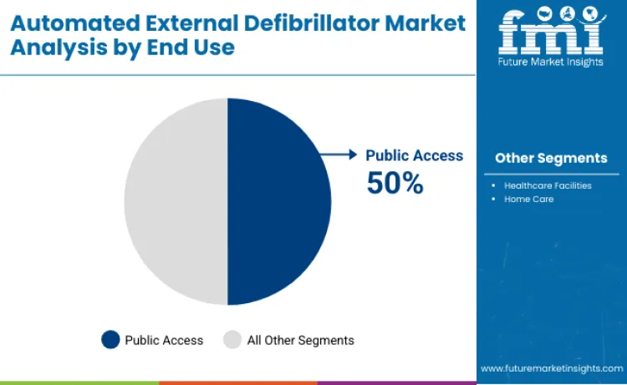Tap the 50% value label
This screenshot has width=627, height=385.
click(x=395, y=182)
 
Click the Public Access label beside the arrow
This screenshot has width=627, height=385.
click(x=414, y=155)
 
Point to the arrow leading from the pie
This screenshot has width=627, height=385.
click(x=341, y=155)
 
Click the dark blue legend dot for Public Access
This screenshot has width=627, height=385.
click(x=110, y=340)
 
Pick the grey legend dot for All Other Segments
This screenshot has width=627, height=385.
click(x=232, y=340)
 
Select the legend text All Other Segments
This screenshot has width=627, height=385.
click(x=300, y=340)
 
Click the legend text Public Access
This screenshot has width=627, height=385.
click(x=164, y=340)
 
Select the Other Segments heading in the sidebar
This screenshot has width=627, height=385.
click(x=551, y=158)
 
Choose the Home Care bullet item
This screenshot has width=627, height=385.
click(x=528, y=199)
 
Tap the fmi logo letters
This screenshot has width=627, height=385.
click(x=550, y=29)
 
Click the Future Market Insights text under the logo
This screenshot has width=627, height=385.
click(x=551, y=62)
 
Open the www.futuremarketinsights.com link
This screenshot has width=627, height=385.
click(x=551, y=368)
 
